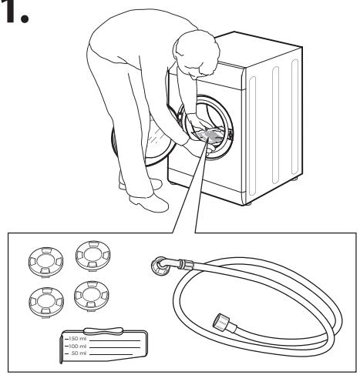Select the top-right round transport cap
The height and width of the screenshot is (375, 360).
click(x=91, y=252)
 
